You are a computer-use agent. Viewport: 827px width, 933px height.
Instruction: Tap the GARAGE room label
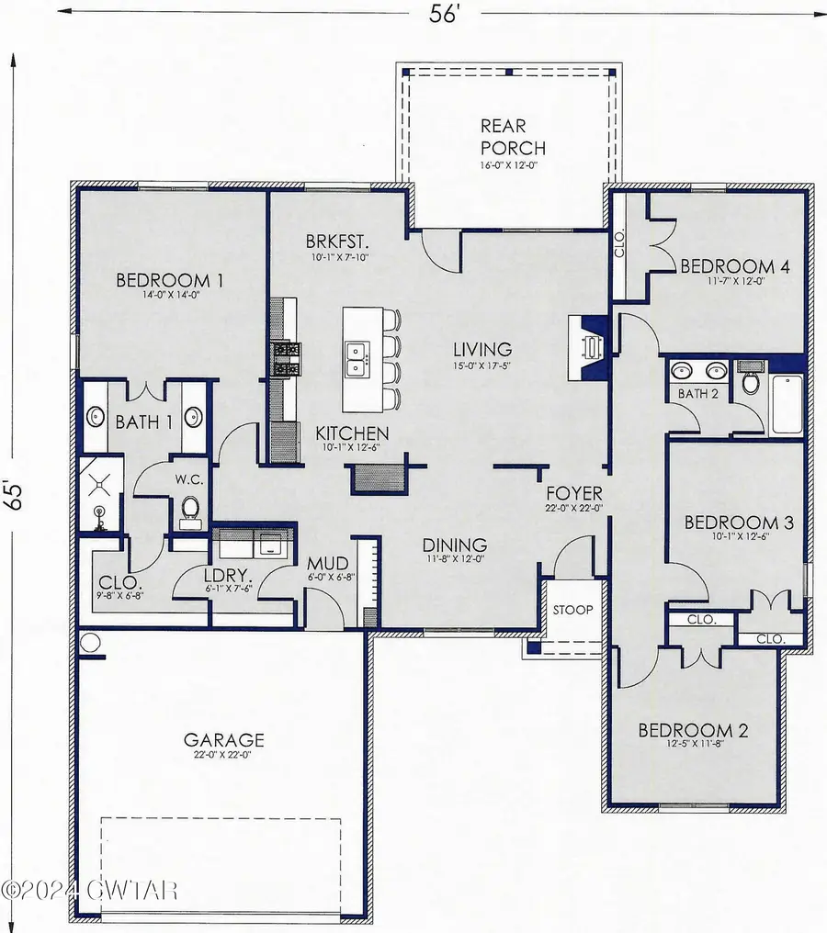(224, 739)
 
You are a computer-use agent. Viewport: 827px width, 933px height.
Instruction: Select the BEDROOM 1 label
(171, 281)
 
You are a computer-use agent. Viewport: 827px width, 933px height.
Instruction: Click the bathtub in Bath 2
(787, 403)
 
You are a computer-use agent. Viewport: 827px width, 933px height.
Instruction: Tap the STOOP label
(572, 610)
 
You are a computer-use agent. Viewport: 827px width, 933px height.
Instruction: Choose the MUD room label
(326, 564)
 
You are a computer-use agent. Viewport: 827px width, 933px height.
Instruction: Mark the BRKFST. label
(337, 242)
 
